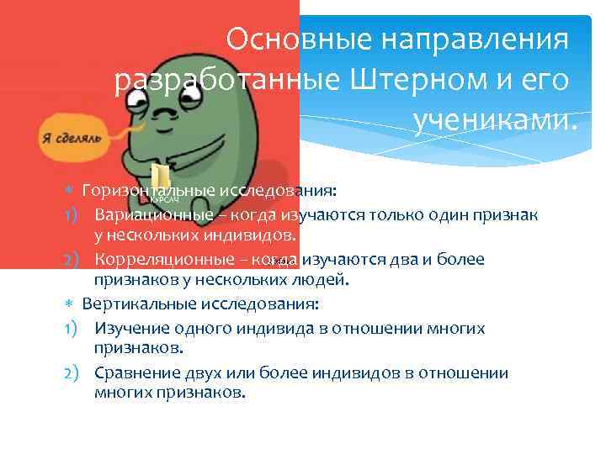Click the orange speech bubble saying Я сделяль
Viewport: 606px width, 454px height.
pos(70,137)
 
